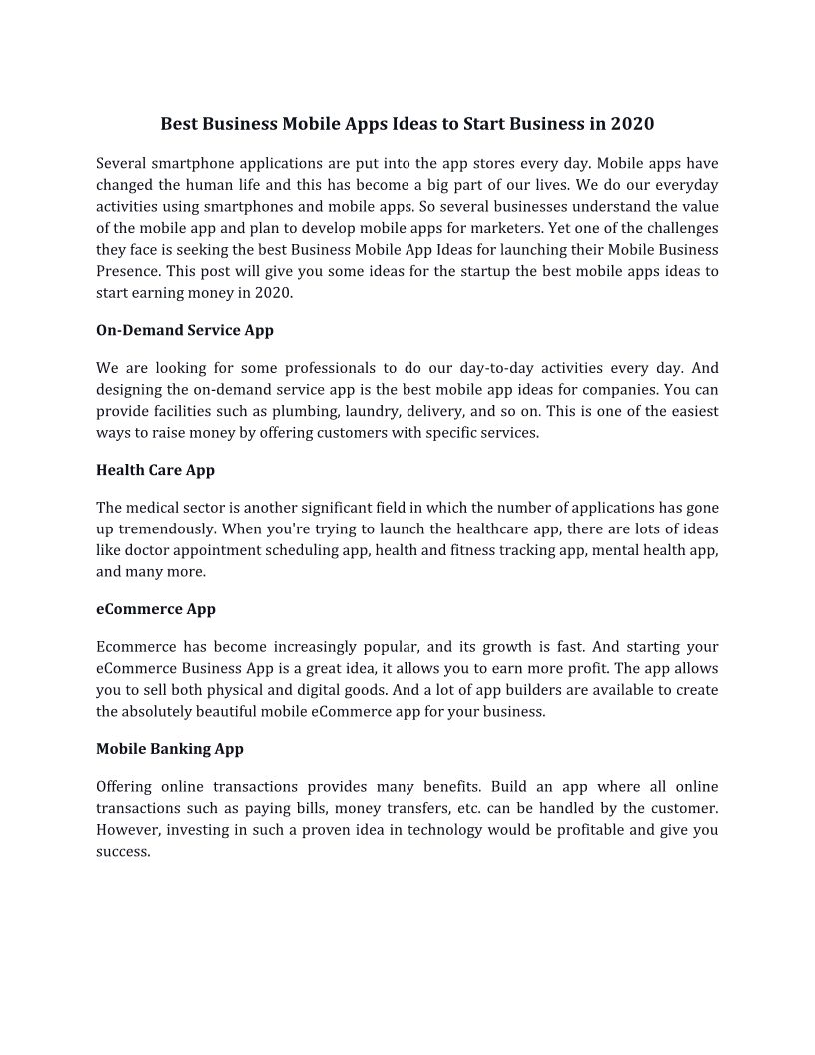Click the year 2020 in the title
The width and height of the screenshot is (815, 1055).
pos(632,125)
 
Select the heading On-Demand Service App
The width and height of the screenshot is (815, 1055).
pos(185,330)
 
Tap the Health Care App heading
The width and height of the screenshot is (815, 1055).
pos(155,470)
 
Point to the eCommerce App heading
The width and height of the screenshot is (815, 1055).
pos(156,609)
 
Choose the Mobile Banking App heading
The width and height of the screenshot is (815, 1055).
pos(170,748)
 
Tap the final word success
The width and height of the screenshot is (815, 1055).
pos(122,852)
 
